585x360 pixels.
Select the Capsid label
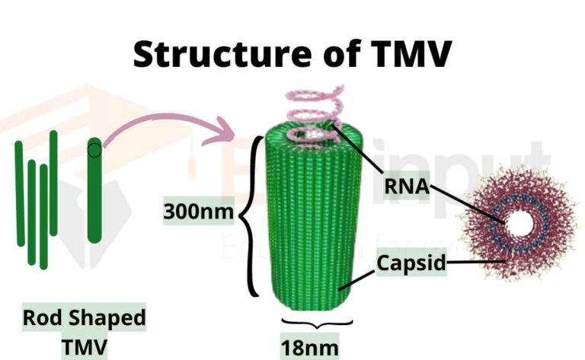(411, 264)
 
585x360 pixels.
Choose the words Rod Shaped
(84, 317)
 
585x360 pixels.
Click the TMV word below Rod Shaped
(85, 346)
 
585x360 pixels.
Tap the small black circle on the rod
(94, 149)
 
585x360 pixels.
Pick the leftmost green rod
(20, 193)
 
